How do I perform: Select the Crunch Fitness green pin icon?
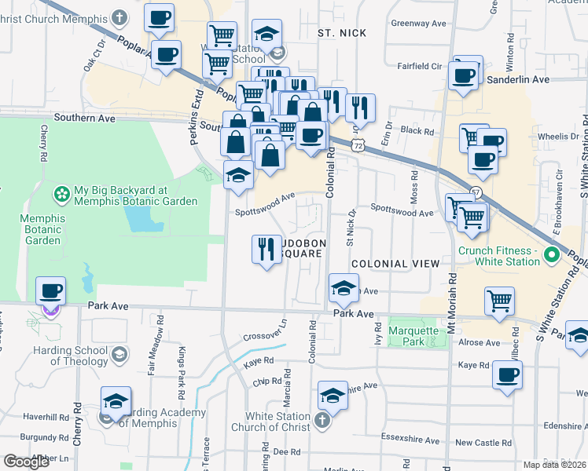point(551,255)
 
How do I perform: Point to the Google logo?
point(27,462)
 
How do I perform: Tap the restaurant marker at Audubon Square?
point(266,250)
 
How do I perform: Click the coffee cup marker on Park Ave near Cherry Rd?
point(51,292)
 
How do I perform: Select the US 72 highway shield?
point(358,146)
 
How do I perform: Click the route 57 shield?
point(476,192)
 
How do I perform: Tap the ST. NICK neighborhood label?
point(337,34)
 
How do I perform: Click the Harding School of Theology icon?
point(119,354)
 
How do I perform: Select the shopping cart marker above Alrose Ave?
point(499,301)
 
